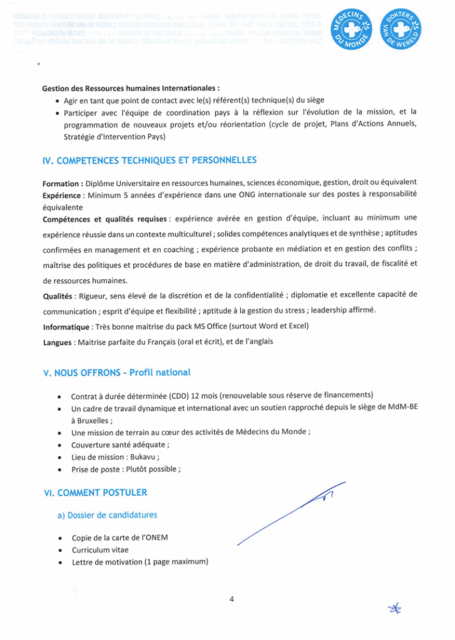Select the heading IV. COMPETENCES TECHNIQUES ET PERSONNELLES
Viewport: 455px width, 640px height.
tap(149, 161)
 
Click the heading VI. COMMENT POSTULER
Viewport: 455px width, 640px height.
tap(95, 492)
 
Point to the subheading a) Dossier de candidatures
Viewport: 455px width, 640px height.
tap(107, 515)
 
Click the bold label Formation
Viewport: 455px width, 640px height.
tap(61, 183)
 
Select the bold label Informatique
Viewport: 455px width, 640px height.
tap(66, 327)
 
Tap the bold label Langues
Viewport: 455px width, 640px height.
tap(57, 342)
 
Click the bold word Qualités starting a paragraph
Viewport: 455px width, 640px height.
tap(57, 295)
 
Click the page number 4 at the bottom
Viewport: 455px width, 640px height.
tap(232, 600)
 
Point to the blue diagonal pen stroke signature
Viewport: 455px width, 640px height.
tap(291, 513)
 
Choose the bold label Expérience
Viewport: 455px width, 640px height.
tap(62, 195)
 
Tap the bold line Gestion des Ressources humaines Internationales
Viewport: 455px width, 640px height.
tap(130, 88)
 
